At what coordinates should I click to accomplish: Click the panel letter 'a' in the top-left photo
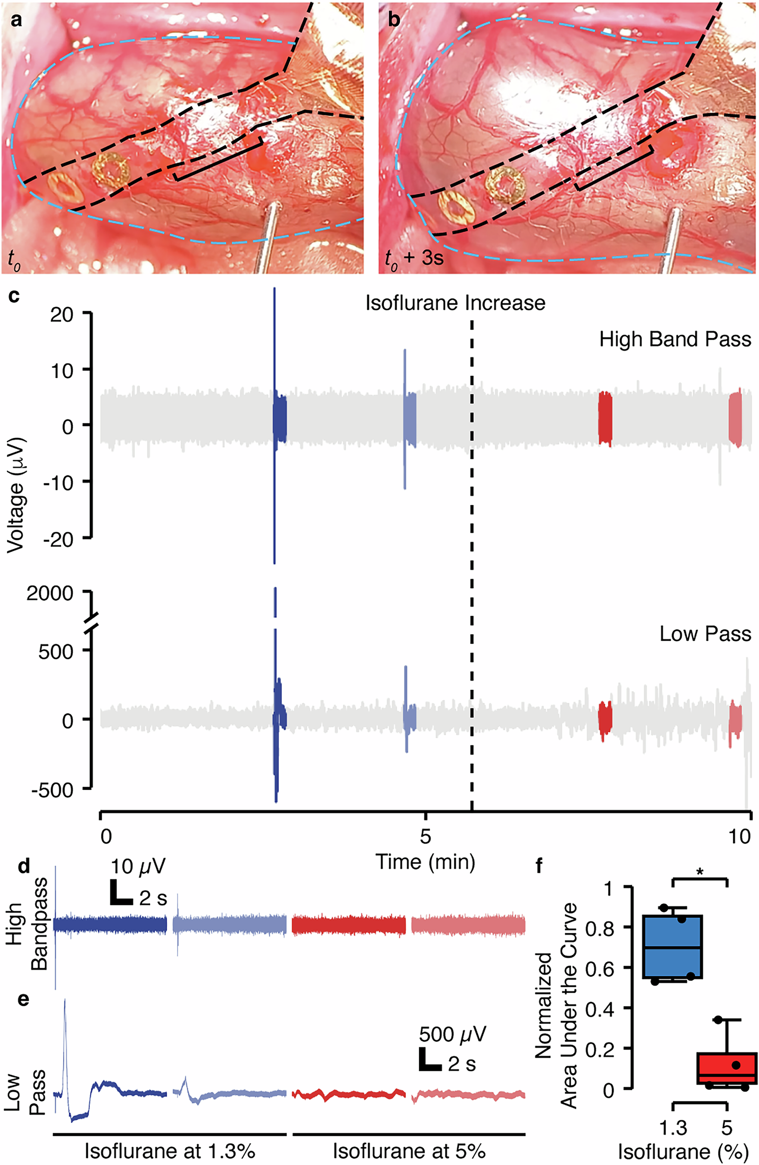pyautogui.click(x=17, y=21)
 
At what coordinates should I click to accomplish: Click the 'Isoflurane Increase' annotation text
pyautogui.click(x=455, y=303)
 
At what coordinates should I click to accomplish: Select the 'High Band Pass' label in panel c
pyautogui.click(x=675, y=339)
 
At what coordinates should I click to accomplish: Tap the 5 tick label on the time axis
pyautogui.click(x=425, y=836)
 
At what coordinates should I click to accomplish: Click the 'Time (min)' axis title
pyautogui.click(x=425, y=862)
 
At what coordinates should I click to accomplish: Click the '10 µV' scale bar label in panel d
pyautogui.click(x=138, y=866)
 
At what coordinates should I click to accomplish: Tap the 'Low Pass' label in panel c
pyautogui.click(x=704, y=633)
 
